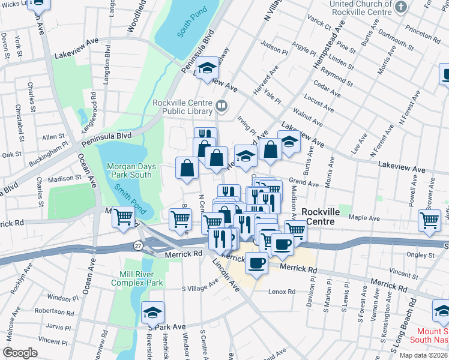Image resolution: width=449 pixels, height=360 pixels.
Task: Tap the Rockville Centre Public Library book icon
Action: point(221,107)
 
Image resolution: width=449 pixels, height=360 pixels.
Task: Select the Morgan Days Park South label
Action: point(129,170)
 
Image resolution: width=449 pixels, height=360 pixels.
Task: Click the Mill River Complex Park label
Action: point(137,278)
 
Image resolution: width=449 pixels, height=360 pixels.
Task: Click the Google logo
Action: point(20,353)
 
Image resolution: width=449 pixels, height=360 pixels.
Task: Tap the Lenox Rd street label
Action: point(282,292)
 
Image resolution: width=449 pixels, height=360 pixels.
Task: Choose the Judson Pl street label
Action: point(275,44)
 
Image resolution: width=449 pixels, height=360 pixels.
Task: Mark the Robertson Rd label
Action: point(54,312)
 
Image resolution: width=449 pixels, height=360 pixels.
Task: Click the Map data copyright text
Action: point(423,355)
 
